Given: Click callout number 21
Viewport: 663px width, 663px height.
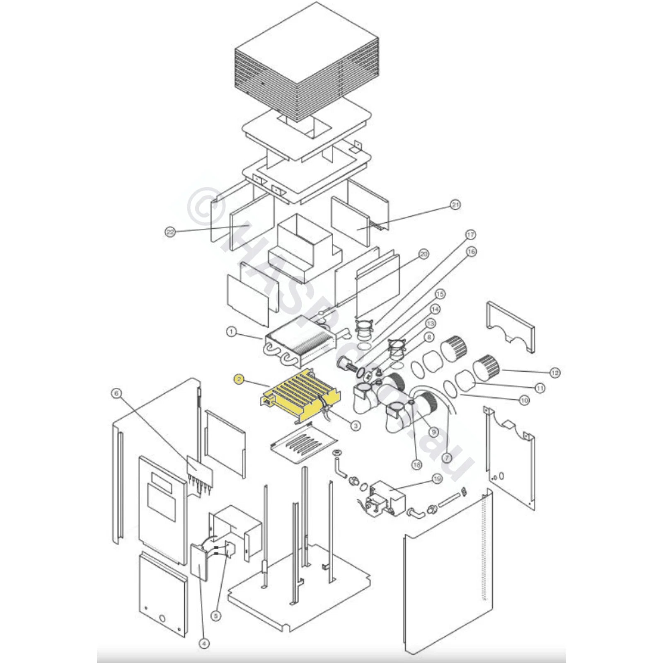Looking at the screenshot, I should click(455, 205).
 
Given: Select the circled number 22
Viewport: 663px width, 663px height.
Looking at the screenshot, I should click(170, 232).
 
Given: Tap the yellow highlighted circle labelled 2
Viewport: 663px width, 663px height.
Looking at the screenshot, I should click(238, 379).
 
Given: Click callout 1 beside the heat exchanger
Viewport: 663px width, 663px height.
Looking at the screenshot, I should click(232, 332).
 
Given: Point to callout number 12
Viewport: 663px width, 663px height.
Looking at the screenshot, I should click(555, 373).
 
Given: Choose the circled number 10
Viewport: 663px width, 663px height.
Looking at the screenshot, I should click(525, 400).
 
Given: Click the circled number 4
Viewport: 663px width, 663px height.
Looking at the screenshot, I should click(204, 644).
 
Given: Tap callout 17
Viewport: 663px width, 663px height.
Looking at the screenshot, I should click(471, 235).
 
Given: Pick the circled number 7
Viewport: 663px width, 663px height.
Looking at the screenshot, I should click(447, 458).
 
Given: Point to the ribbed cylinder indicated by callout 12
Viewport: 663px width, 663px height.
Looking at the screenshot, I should click(487, 367).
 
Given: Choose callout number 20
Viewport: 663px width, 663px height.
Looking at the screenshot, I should click(423, 254).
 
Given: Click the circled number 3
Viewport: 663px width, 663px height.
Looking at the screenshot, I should click(356, 425).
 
